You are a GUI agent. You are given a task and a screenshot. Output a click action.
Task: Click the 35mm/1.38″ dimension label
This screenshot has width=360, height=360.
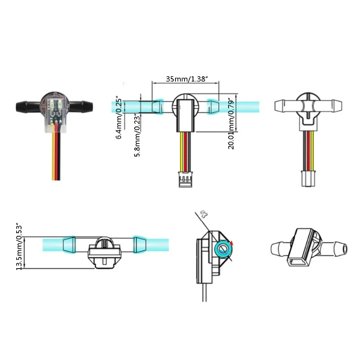(x=186, y=79)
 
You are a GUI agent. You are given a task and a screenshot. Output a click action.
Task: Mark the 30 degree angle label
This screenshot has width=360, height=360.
(x=205, y=215)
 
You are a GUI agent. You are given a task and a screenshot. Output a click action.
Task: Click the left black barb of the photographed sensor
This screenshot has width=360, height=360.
(x=27, y=107)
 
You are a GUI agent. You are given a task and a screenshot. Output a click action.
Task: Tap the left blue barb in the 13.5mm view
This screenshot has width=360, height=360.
(x=68, y=245)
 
